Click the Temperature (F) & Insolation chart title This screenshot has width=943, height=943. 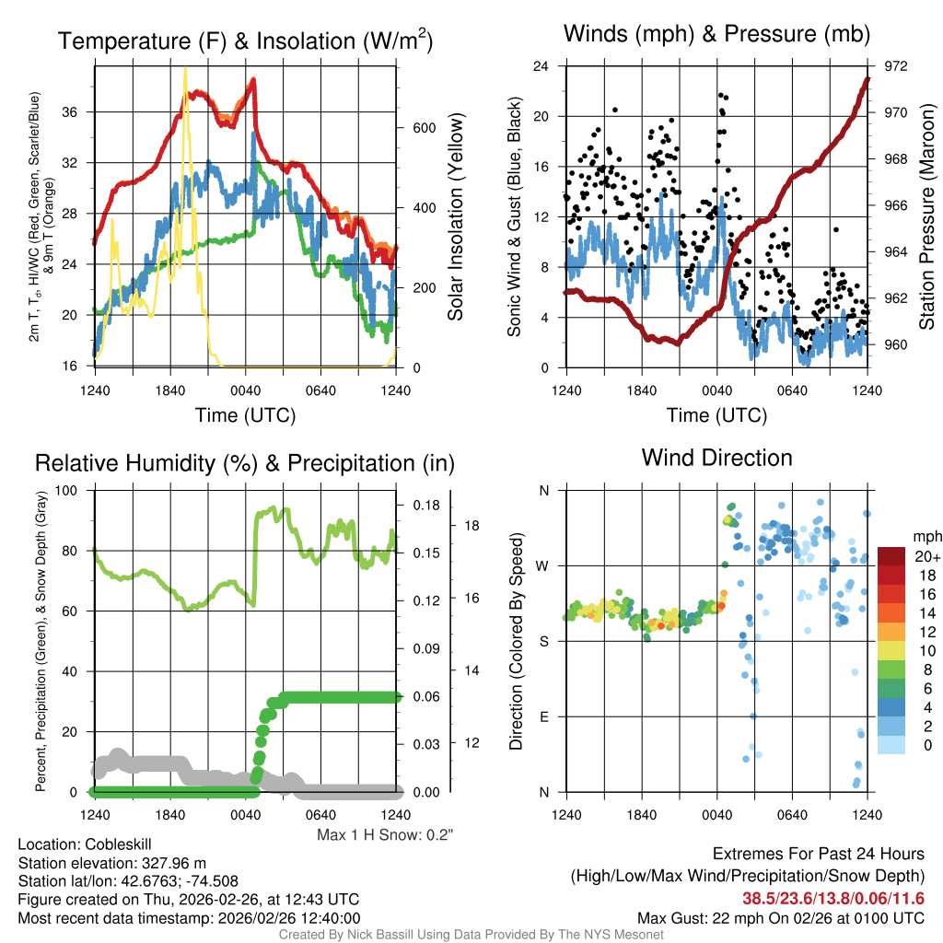[x=245, y=41]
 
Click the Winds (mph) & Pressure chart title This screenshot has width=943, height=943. [x=716, y=35]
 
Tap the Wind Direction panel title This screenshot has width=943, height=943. [x=716, y=458]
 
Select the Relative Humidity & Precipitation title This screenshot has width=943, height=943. [x=245, y=463]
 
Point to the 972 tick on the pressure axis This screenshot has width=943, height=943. [x=895, y=66]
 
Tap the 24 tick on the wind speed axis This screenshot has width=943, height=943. [x=541, y=66]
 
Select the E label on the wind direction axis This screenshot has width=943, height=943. [x=543, y=716]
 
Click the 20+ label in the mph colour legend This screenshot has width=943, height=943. [x=926, y=557]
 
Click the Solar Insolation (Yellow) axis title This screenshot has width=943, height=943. [x=456, y=217]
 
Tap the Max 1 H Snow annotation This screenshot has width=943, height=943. [x=386, y=835]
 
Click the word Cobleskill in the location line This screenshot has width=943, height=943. [x=118, y=844]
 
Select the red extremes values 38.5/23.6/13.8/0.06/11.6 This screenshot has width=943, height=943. [x=833, y=898]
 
